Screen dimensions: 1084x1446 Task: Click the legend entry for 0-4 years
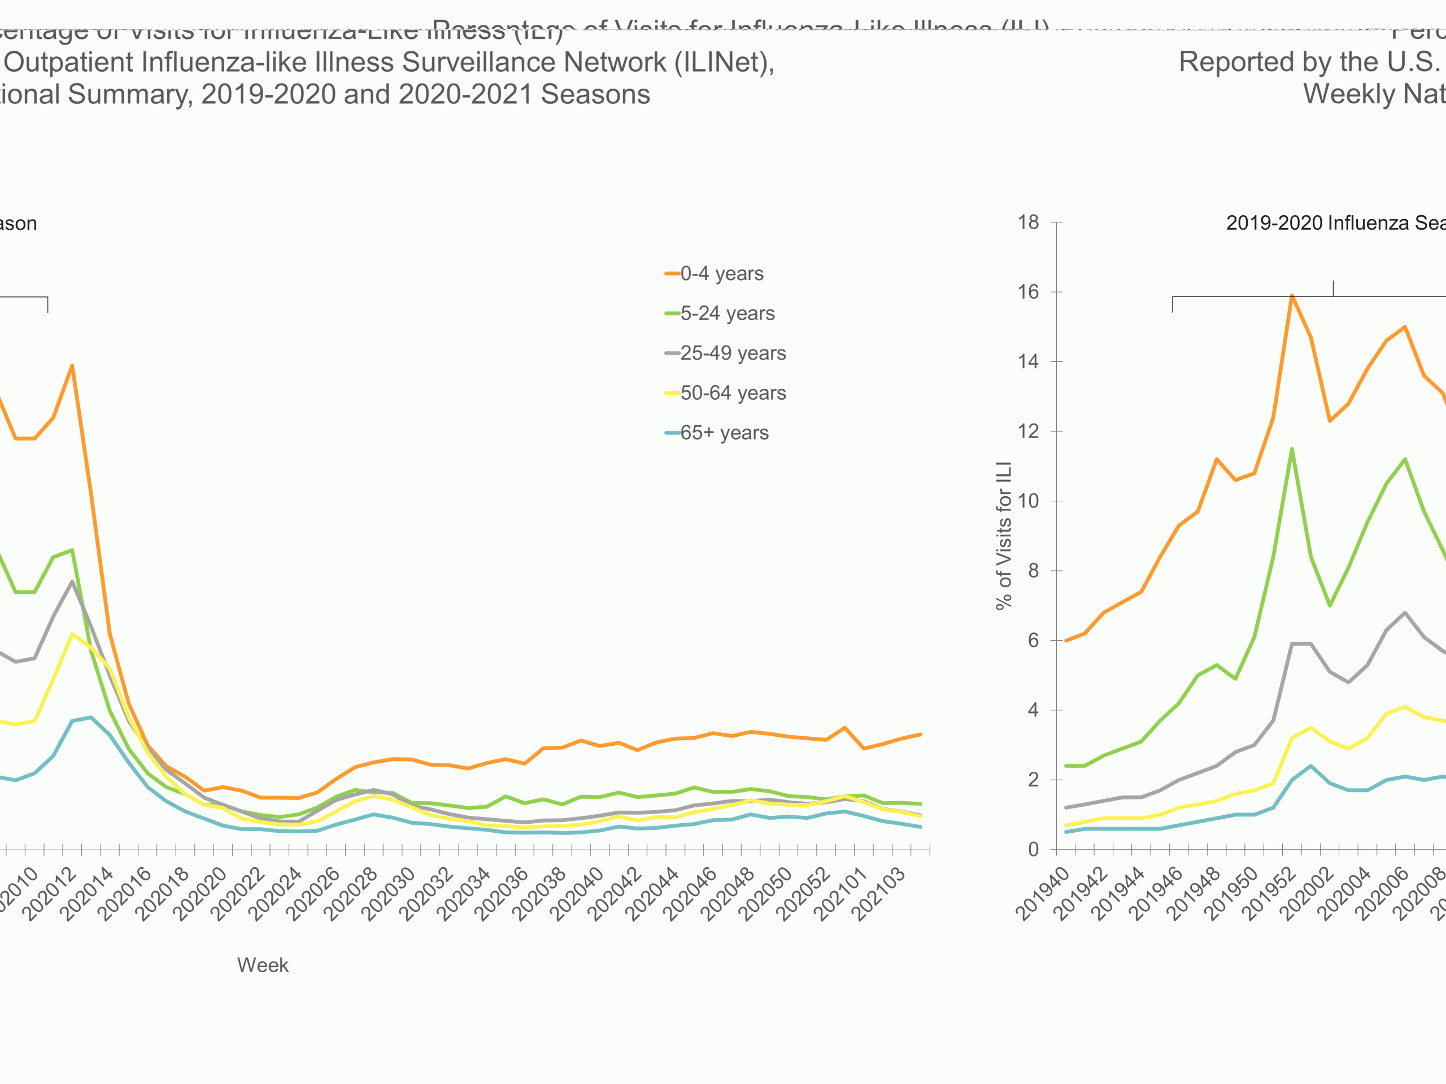721,273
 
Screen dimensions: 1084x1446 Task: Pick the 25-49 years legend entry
732,353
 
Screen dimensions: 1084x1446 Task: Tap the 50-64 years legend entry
732,393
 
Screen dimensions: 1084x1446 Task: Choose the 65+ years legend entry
724,432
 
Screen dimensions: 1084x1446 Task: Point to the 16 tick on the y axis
1028,292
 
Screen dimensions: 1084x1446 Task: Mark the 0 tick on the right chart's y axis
1033,850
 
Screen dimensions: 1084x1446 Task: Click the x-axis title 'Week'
263,965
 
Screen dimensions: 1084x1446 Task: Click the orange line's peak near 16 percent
1292,295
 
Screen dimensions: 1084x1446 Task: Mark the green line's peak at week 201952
1292,449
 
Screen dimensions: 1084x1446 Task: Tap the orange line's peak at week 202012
72,365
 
